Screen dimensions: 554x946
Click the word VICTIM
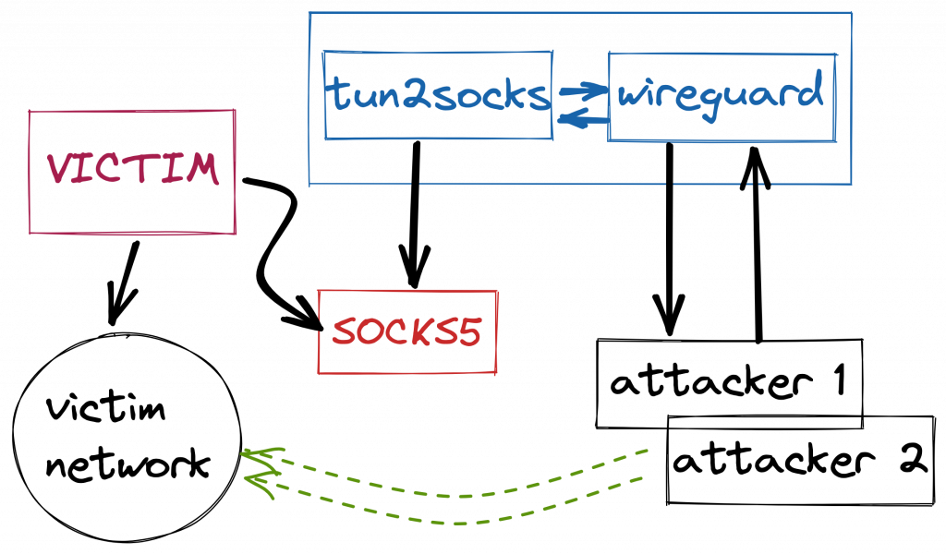[x=133, y=169]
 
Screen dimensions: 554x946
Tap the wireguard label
[x=721, y=96]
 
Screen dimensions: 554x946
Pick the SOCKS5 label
[x=406, y=332]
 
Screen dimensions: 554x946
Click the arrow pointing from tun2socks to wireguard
[x=582, y=90]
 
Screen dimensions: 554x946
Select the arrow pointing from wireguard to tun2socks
[x=582, y=118]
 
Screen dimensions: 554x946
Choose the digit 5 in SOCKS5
[x=468, y=332]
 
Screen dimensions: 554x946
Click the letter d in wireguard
[x=810, y=93]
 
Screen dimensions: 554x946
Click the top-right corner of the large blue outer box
[x=851, y=13]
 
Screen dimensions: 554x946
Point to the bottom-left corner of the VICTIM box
[x=30, y=233]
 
